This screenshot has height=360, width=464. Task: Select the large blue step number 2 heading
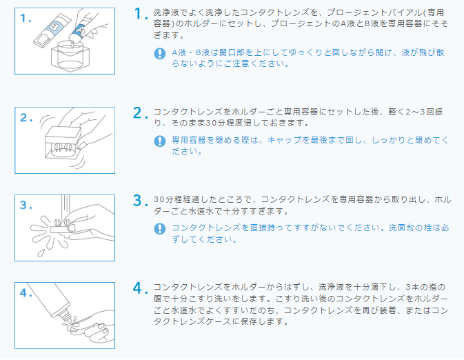(141, 112)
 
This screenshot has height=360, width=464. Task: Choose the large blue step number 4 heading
(141, 288)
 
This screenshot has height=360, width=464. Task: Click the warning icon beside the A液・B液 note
(160, 53)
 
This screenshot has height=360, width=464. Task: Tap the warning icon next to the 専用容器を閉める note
(160, 141)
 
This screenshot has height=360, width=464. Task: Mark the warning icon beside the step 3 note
(160, 228)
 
